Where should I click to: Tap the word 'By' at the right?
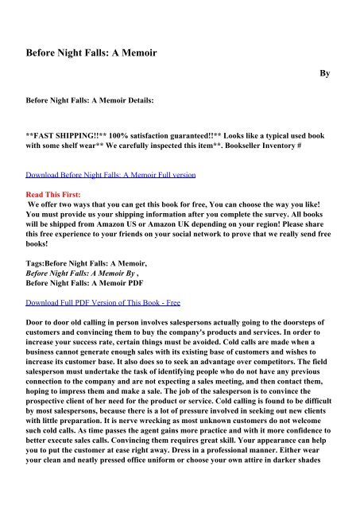pyautogui.click(x=324, y=73)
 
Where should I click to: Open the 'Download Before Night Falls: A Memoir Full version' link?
pyautogui.click(x=112, y=173)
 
